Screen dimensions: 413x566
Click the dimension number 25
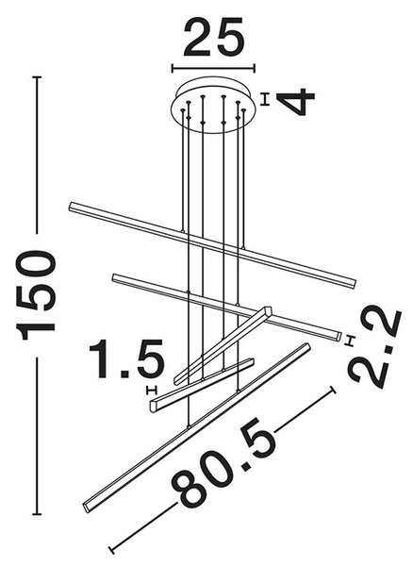tap(214, 39)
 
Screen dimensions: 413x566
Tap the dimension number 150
tap(35, 295)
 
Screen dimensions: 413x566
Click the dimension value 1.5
tap(126, 359)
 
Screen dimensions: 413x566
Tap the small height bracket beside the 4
tap(266, 99)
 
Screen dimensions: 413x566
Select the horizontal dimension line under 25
tap(213, 68)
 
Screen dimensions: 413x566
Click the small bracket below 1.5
tap(152, 390)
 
